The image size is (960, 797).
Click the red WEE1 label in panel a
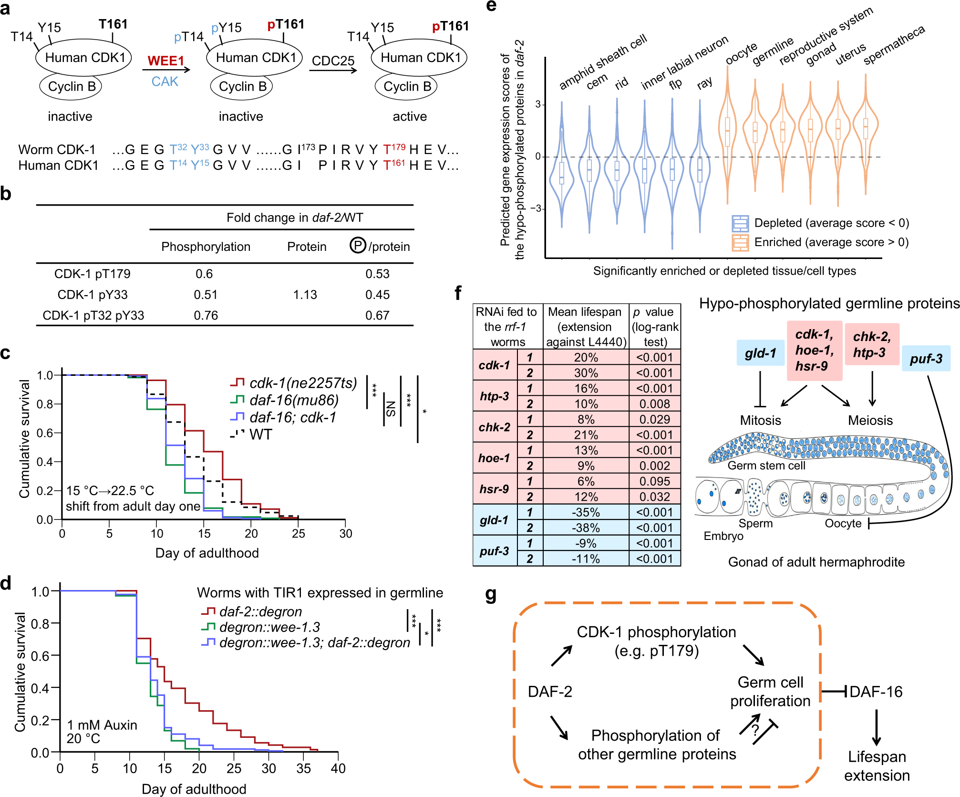[165, 61]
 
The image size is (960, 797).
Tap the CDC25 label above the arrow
[333, 61]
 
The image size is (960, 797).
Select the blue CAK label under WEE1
[165, 82]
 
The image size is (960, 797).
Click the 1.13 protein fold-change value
[305, 295]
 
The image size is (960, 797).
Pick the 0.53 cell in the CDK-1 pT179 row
[377, 274]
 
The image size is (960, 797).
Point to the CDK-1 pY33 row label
[93, 295]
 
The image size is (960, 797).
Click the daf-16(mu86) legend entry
[293, 400]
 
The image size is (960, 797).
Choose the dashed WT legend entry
[260, 435]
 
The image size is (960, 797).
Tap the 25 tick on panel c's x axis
[299, 533]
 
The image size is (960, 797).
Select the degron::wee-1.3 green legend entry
[269, 627]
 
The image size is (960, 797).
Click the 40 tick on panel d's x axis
[338, 768]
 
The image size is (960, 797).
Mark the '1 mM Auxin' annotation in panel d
[102, 725]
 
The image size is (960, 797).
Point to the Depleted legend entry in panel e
[831, 223]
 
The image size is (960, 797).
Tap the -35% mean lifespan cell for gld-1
[586, 512]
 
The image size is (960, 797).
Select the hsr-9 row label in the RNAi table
[494, 489]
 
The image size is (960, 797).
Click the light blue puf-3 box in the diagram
[926, 359]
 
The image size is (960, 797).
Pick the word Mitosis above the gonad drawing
[760, 420]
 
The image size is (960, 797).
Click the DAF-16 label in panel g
[876, 691]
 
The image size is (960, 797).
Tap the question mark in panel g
[755, 730]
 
